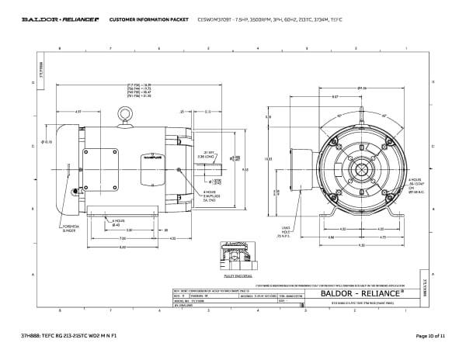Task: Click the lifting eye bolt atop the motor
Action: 123,115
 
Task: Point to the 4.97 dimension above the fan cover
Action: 78,111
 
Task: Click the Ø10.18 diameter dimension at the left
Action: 47,142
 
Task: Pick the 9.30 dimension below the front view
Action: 361,245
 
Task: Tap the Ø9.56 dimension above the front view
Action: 362,88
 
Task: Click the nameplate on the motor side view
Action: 148,159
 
